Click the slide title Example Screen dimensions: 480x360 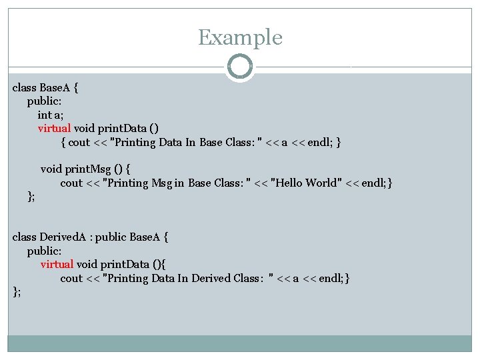(240, 37)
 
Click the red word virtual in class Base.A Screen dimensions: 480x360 (54, 128)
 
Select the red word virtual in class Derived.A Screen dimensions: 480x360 (57, 264)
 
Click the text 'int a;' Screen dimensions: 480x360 (46, 115)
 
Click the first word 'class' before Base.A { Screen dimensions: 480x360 (25, 87)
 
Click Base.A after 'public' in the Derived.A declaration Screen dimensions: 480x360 (145, 237)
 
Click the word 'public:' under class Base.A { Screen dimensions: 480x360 (43, 101)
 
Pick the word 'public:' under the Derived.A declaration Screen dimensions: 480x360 (43, 251)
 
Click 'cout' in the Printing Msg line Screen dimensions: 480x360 (71, 183)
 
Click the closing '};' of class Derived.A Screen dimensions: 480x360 (17, 291)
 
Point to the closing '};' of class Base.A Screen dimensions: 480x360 (31, 196)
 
